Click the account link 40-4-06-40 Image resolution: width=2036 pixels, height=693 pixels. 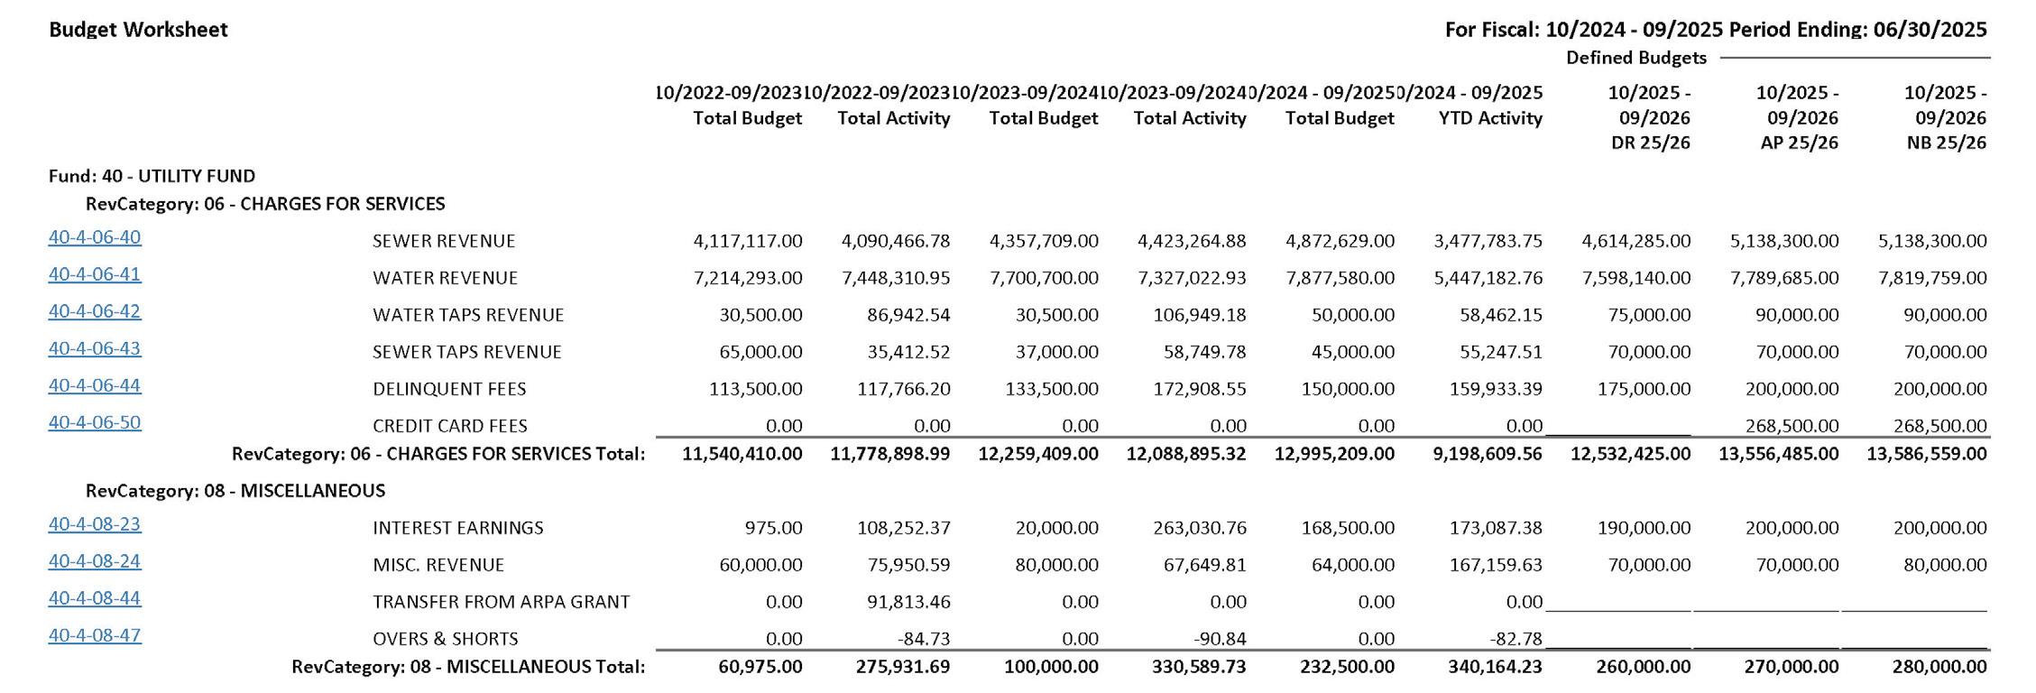point(95,237)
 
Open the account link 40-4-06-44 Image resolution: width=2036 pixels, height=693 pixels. point(95,385)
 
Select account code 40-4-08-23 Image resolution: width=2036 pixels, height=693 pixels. point(95,524)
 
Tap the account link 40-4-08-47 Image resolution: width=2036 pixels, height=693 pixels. point(95,635)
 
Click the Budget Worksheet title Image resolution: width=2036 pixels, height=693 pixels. point(138,30)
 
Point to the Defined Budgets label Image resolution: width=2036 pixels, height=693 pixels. point(1635,58)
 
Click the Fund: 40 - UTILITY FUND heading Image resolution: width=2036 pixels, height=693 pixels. point(152,176)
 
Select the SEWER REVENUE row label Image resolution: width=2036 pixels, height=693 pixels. point(444,241)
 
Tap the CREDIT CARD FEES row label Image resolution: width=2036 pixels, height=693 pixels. point(450,426)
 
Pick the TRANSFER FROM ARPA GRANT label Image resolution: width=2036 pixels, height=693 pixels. point(501,602)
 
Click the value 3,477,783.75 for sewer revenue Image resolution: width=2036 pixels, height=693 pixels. point(1488,241)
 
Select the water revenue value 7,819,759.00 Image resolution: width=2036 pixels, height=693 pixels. point(1932,278)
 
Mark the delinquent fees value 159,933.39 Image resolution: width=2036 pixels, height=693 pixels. point(1488,389)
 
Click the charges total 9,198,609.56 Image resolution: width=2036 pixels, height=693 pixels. point(1488,454)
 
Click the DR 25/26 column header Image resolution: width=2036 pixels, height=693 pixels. point(1650,143)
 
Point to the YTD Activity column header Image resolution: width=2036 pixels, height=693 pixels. point(1490,118)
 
